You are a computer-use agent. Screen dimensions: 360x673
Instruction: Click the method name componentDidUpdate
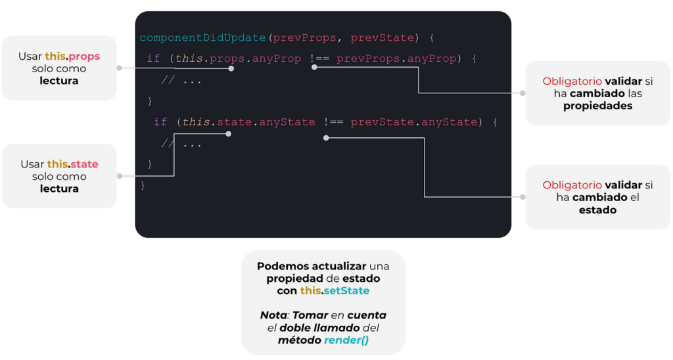click(202, 37)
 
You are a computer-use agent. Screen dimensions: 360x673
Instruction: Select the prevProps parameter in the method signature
click(304, 37)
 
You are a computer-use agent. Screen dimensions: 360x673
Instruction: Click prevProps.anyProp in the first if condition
click(396, 58)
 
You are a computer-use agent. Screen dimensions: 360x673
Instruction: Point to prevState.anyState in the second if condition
click(413, 122)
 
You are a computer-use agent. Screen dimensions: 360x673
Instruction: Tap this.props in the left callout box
click(72, 56)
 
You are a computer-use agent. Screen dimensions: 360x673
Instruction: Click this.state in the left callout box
click(72, 164)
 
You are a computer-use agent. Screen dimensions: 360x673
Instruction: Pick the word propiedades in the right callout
click(597, 106)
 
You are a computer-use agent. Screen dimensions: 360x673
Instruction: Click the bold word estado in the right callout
click(597, 210)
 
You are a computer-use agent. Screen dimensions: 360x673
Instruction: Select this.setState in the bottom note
click(335, 290)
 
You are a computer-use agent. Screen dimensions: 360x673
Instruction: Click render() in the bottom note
click(346, 340)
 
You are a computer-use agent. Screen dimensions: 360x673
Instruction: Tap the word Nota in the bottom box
click(273, 315)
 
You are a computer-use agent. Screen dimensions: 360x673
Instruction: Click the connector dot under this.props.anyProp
click(231, 68)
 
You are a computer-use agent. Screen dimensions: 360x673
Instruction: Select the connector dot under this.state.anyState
click(228, 133)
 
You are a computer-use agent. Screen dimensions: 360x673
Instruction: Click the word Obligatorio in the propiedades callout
click(572, 81)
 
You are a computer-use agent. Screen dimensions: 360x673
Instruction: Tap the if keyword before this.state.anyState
click(160, 122)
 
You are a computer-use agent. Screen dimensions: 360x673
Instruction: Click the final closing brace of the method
click(143, 185)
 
